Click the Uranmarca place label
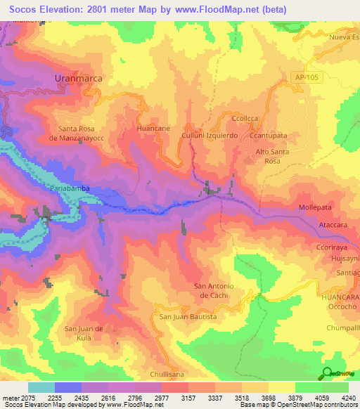(79, 79)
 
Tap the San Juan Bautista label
(188, 317)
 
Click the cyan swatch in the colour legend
(41, 387)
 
